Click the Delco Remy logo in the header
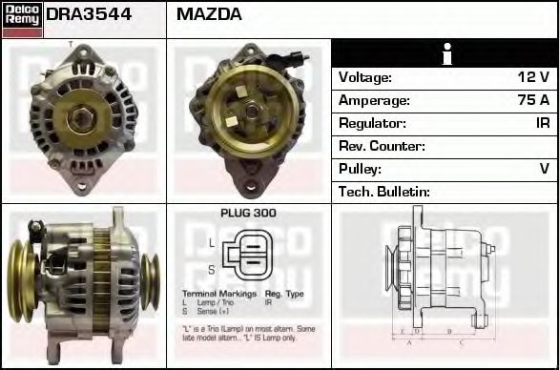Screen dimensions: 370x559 click(22, 18)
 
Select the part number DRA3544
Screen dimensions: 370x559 click(89, 15)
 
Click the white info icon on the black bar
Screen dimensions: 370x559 click(445, 54)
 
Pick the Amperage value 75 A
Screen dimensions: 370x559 click(531, 100)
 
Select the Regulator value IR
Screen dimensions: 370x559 click(542, 123)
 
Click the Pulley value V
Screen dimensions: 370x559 click(544, 169)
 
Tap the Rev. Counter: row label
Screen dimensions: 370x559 click(382, 146)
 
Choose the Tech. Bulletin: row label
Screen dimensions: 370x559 click(385, 192)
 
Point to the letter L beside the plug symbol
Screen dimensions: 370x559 click(212, 243)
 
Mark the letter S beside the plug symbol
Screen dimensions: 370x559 click(212, 269)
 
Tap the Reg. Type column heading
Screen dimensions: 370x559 click(283, 294)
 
